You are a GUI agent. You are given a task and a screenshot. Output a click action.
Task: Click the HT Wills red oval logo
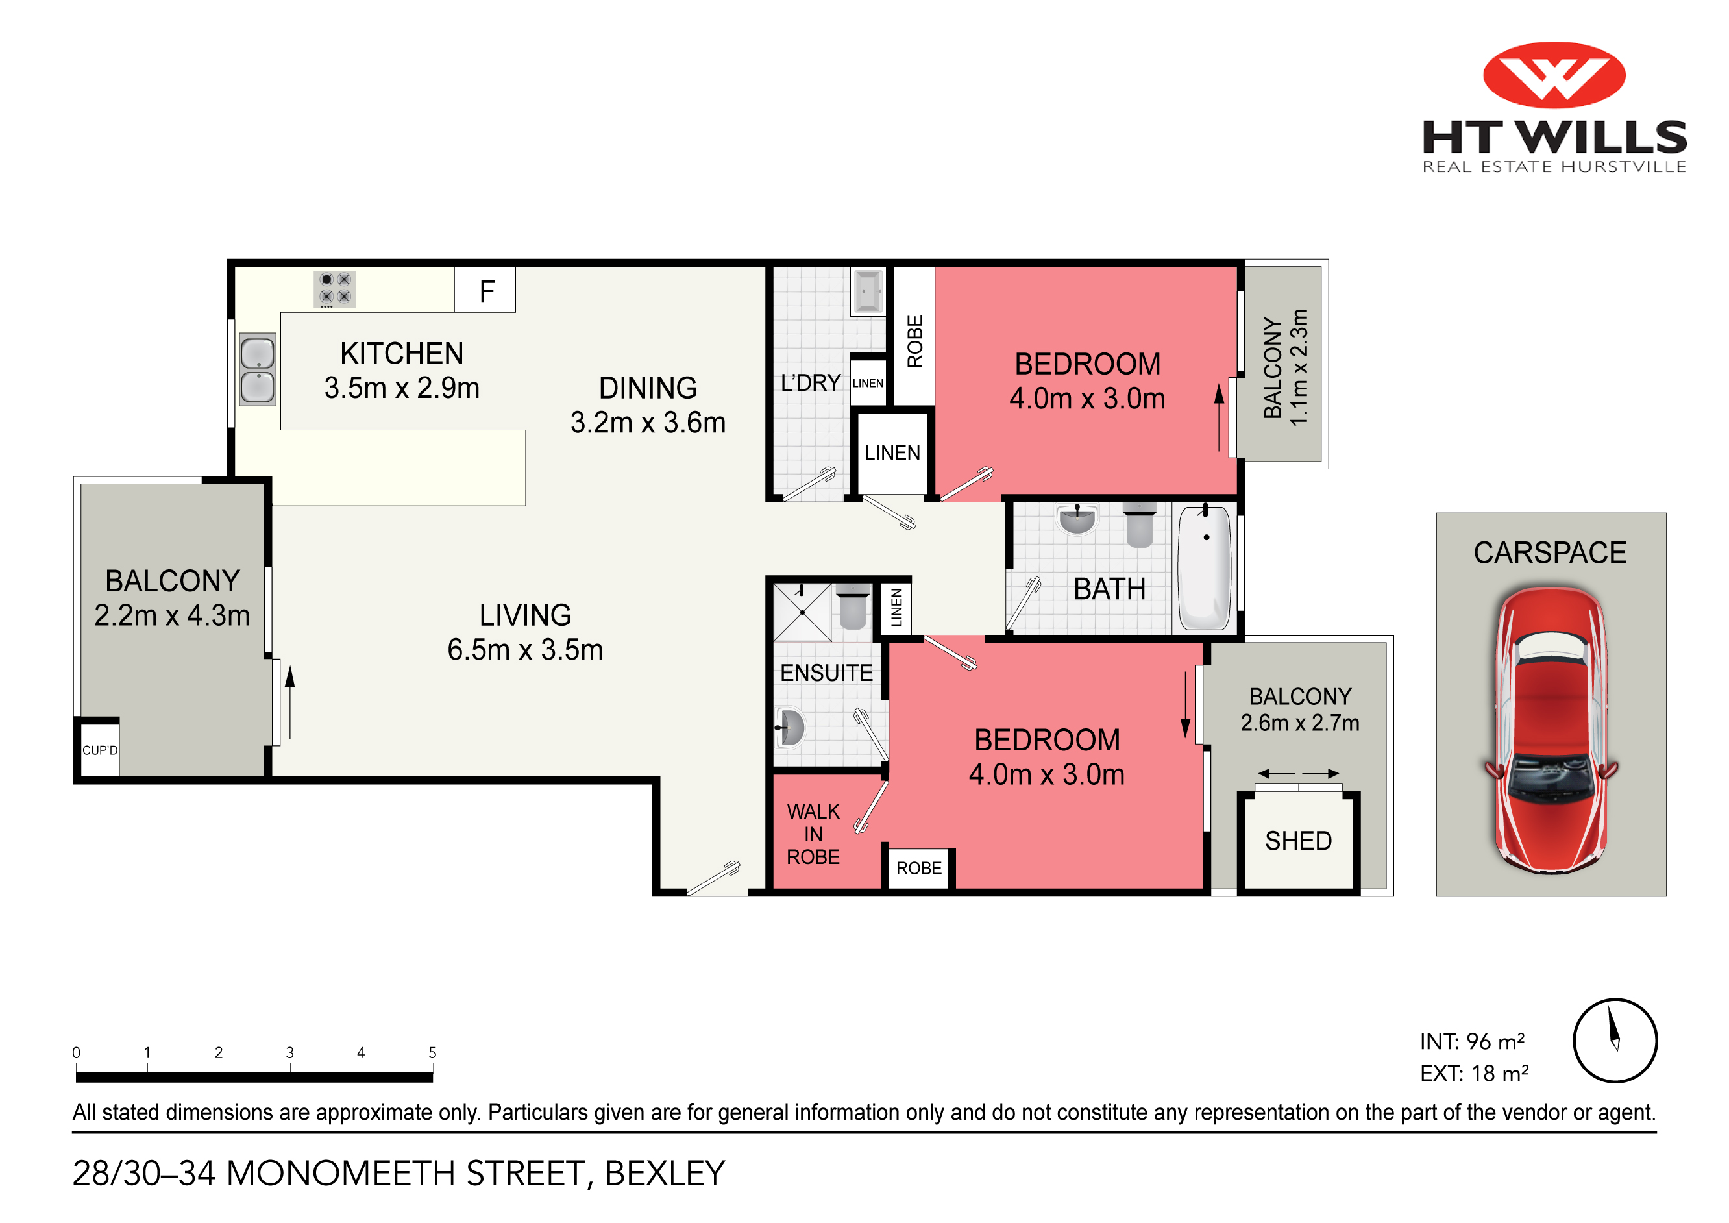(x=1554, y=75)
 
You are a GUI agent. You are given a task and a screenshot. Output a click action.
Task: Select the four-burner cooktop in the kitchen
(x=334, y=288)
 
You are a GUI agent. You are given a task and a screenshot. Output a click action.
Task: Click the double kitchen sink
(x=258, y=370)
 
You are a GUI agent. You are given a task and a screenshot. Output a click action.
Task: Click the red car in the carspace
(x=1551, y=728)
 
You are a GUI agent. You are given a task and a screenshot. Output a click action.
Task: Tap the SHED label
(x=1298, y=841)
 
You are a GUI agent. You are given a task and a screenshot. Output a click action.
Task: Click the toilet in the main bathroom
(x=1140, y=525)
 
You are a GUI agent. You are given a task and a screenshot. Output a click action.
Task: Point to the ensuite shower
(x=802, y=612)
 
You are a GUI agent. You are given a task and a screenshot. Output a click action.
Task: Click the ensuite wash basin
(x=790, y=728)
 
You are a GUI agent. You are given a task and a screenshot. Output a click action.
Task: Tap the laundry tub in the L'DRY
(x=868, y=291)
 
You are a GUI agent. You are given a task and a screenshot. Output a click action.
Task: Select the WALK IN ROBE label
(x=813, y=834)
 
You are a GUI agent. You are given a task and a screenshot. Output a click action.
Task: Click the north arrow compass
(x=1615, y=1041)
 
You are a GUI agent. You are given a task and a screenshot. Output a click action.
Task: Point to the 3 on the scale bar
(x=289, y=1053)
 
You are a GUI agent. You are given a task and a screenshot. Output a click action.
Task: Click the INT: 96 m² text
(x=1472, y=1041)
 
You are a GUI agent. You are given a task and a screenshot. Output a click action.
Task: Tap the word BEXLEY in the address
(x=665, y=1173)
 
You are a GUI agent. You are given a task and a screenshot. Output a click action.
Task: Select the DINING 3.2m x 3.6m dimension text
(x=648, y=405)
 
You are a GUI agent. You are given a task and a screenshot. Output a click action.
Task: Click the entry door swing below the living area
(x=714, y=878)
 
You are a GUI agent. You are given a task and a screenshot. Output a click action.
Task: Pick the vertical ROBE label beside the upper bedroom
(x=915, y=341)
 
